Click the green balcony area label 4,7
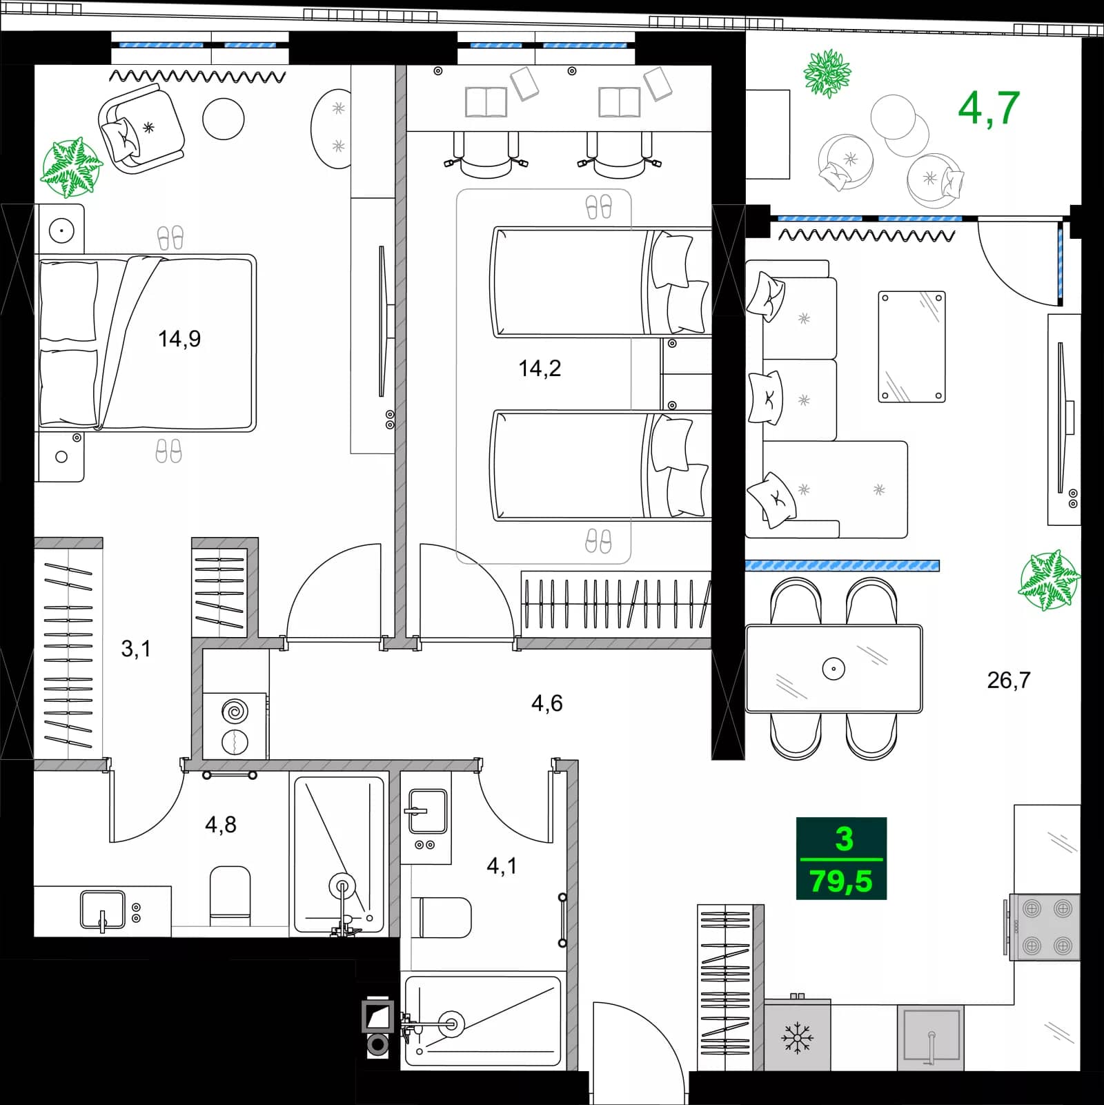[x=988, y=108]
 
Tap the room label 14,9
[x=179, y=339]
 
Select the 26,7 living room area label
[x=1008, y=681]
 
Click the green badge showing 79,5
[x=841, y=881]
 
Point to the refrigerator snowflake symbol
[x=797, y=1037]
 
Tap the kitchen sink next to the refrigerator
[x=931, y=1036]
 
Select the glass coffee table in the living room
[x=911, y=346]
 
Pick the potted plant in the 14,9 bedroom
[x=70, y=168]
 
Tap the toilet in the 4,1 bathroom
[x=443, y=917]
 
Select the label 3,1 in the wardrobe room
[x=135, y=649]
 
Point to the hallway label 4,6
[x=546, y=703]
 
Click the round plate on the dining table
[x=834, y=669]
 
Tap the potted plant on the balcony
[x=827, y=72]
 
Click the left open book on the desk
[x=486, y=102]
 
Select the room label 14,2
[x=540, y=369]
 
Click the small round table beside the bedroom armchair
[x=223, y=119]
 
